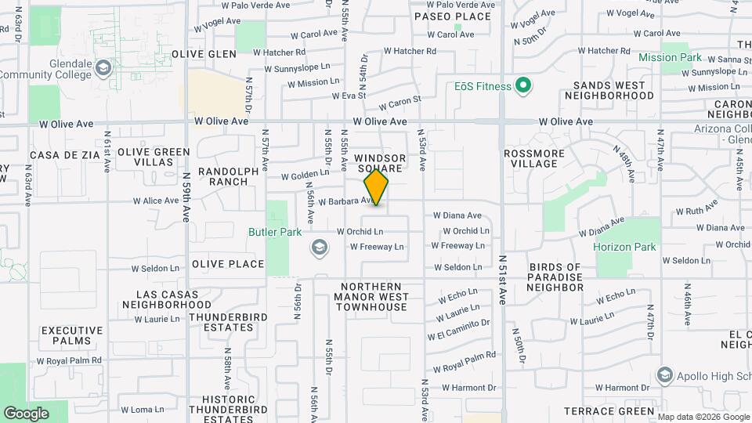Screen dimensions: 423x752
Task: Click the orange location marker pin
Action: coord(377,187)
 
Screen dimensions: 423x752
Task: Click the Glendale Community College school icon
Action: coord(103,68)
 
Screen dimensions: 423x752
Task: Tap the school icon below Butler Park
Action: coord(319,248)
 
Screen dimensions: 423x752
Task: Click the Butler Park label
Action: coord(276,232)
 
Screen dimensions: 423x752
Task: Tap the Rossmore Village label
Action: coord(531,158)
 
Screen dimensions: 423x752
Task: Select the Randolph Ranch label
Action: coord(222,176)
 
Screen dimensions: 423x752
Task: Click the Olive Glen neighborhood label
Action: coord(204,54)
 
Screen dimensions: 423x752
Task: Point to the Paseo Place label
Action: coord(443,16)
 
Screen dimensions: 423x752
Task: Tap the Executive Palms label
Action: coord(72,336)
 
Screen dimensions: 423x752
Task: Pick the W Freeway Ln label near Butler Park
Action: coord(376,247)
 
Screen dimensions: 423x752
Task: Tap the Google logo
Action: coord(26,413)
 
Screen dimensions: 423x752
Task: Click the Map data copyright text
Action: coord(702,416)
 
